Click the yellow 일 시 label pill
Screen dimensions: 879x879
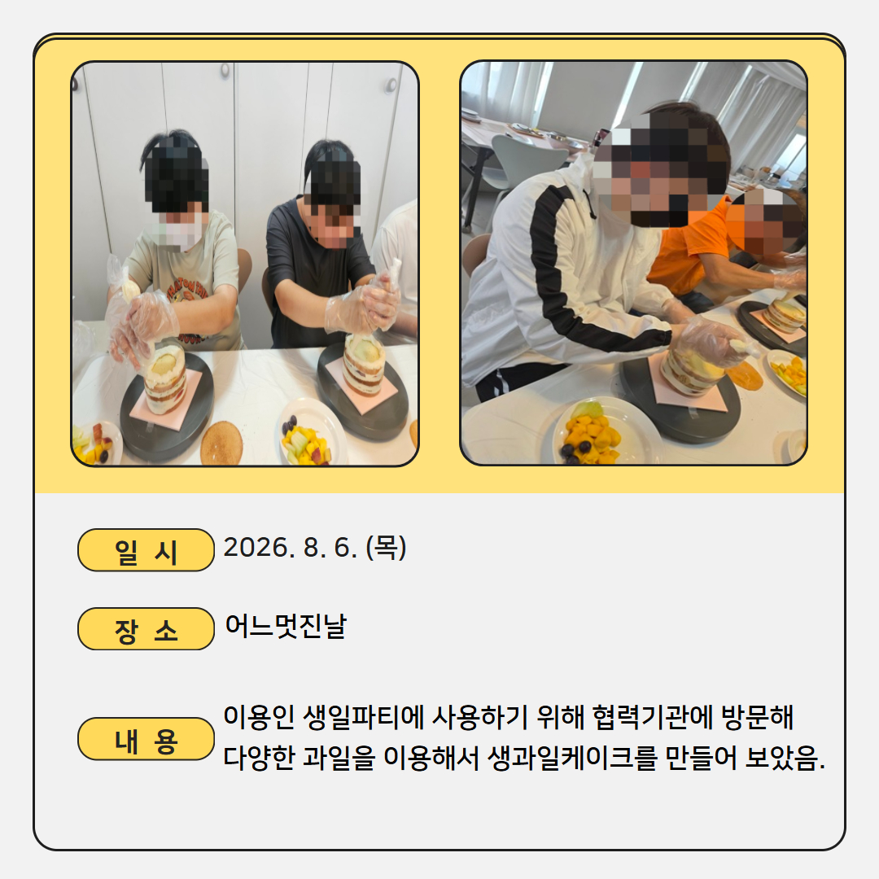(146, 550)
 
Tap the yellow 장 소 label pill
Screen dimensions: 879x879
(146, 629)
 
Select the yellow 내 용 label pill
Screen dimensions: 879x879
(146, 739)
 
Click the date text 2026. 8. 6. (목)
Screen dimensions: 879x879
(315, 547)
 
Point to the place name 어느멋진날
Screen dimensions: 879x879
(286, 626)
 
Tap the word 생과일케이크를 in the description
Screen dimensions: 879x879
(571, 758)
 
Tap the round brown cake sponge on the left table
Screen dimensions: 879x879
(221, 443)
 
